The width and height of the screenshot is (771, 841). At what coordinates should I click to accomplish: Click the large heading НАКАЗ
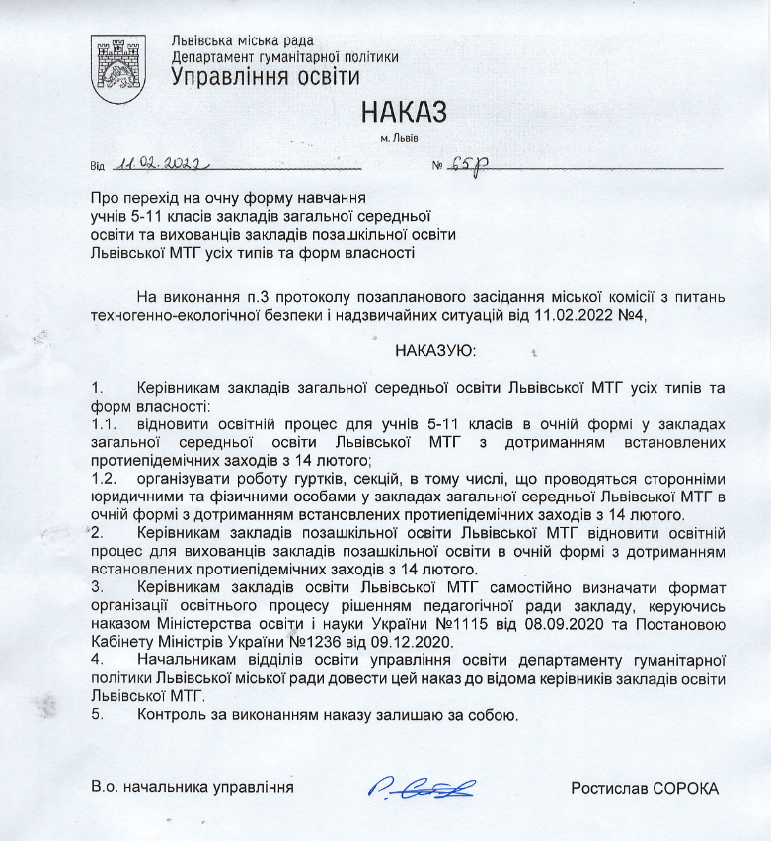click(x=403, y=110)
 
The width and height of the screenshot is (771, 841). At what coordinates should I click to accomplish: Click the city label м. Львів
click(x=405, y=136)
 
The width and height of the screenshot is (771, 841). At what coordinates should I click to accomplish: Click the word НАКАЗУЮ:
click(x=435, y=350)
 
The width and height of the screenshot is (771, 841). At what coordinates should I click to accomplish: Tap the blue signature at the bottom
click(x=422, y=787)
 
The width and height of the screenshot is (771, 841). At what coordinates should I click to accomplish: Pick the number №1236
click(x=308, y=642)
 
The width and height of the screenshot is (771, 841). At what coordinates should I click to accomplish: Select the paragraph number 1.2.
click(x=102, y=478)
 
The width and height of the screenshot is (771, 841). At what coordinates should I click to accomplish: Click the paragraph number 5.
click(x=95, y=714)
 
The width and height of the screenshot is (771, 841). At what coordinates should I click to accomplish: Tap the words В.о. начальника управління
click(x=193, y=788)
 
